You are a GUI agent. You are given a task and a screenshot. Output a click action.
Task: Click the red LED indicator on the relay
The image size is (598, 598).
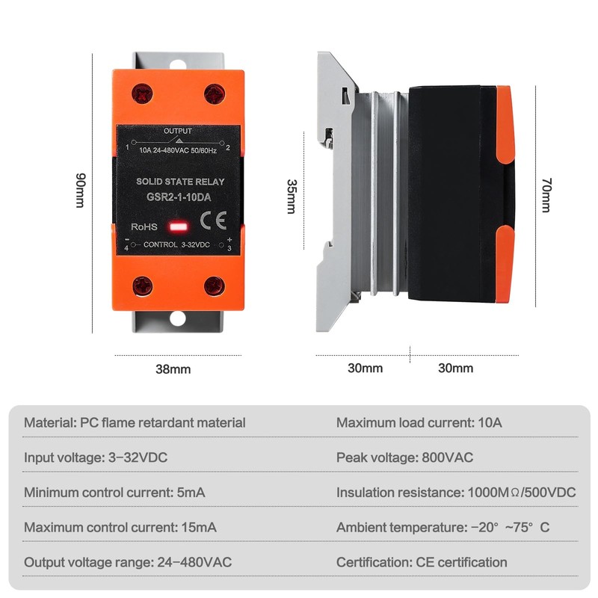point(178,225)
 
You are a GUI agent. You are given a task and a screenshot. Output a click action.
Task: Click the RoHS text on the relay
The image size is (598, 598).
point(144,226)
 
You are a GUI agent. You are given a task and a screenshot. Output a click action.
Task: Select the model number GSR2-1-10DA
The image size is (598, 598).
point(178,197)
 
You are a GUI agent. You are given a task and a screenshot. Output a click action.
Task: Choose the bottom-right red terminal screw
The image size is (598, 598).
point(215,285)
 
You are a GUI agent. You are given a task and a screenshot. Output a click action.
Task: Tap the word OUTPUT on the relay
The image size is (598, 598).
point(177,132)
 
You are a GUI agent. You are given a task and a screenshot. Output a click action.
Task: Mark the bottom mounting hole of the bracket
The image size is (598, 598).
point(177,318)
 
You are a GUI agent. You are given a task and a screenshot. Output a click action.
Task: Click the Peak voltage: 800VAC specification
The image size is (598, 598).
point(404,457)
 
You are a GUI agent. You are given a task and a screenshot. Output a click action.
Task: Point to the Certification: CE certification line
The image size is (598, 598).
point(422,562)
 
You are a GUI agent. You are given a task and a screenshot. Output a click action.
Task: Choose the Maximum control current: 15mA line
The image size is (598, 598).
point(120,527)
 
